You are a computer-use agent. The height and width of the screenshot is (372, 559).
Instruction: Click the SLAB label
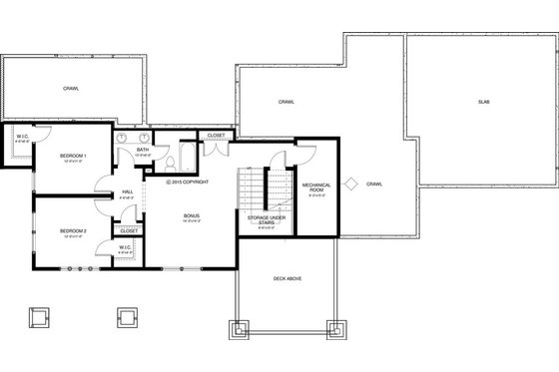[x=483, y=102]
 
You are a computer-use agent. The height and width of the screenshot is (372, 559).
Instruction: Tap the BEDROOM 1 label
[x=73, y=157]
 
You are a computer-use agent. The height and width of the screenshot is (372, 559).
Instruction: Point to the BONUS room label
[x=191, y=215]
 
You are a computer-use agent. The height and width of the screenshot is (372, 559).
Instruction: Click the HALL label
[x=128, y=192]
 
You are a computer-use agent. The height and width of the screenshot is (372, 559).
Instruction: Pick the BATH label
[x=144, y=150]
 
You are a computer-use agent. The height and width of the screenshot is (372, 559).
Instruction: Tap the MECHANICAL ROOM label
[x=316, y=186]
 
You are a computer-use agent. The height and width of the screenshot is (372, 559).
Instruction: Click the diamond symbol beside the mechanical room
[x=350, y=184]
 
